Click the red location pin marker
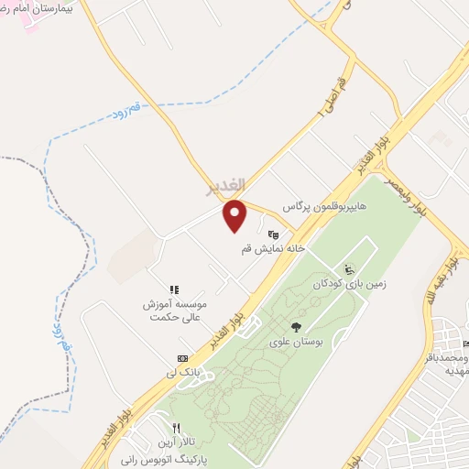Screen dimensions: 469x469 (x=235, y=214)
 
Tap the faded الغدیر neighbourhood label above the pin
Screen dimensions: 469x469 (x=226, y=187)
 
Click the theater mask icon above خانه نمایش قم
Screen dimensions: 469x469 (x=272, y=234)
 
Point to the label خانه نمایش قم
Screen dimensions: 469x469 (x=272, y=248)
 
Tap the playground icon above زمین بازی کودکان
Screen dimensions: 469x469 (x=348, y=268)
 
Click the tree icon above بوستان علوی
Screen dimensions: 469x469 (x=296, y=326)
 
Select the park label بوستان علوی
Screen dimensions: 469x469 (x=296, y=342)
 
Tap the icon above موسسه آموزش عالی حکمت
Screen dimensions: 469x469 (x=174, y=289)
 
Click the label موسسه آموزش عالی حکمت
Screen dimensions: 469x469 (x=178, y=310)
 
